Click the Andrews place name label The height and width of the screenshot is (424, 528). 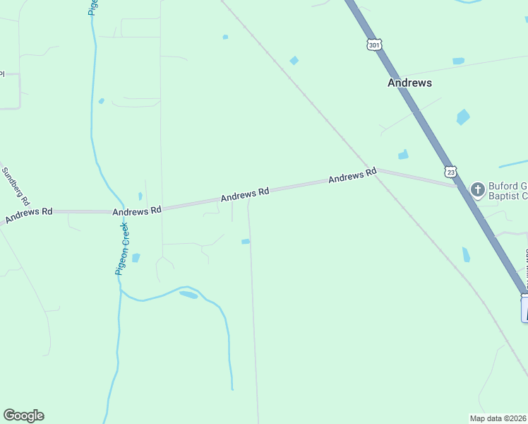[x=409, y=83]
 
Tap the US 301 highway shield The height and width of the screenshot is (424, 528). [x=374, y=45]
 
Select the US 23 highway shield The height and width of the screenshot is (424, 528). [x=450, y=172]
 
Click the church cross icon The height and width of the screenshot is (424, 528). [x=478, y=189]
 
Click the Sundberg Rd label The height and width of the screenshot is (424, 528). [x=12, y=182]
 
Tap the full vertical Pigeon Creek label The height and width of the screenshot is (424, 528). [x=122, y=248]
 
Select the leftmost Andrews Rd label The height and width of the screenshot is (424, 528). [x=29, y=215]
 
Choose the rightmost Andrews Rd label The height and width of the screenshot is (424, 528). [x=352, y=176]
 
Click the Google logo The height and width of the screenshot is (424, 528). [x=23, y=416]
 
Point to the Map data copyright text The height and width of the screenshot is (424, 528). [x=498, y=418]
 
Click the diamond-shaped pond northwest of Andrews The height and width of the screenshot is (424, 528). [x=294, y=61]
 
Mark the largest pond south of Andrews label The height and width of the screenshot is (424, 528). [x=462, y=117]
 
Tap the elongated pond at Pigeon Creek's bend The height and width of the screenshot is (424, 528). [x=188, y=295]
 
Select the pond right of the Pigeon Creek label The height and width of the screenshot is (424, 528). [x=136, y=258]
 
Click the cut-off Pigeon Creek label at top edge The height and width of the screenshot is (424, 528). [x=92, y=7]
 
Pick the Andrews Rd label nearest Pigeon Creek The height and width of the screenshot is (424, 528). [x=137, y=211]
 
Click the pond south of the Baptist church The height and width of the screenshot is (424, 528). [x=466, y=254]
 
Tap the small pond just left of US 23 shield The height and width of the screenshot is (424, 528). [x=403, y=155]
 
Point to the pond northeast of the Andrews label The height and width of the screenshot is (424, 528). [x=458, y=61]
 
